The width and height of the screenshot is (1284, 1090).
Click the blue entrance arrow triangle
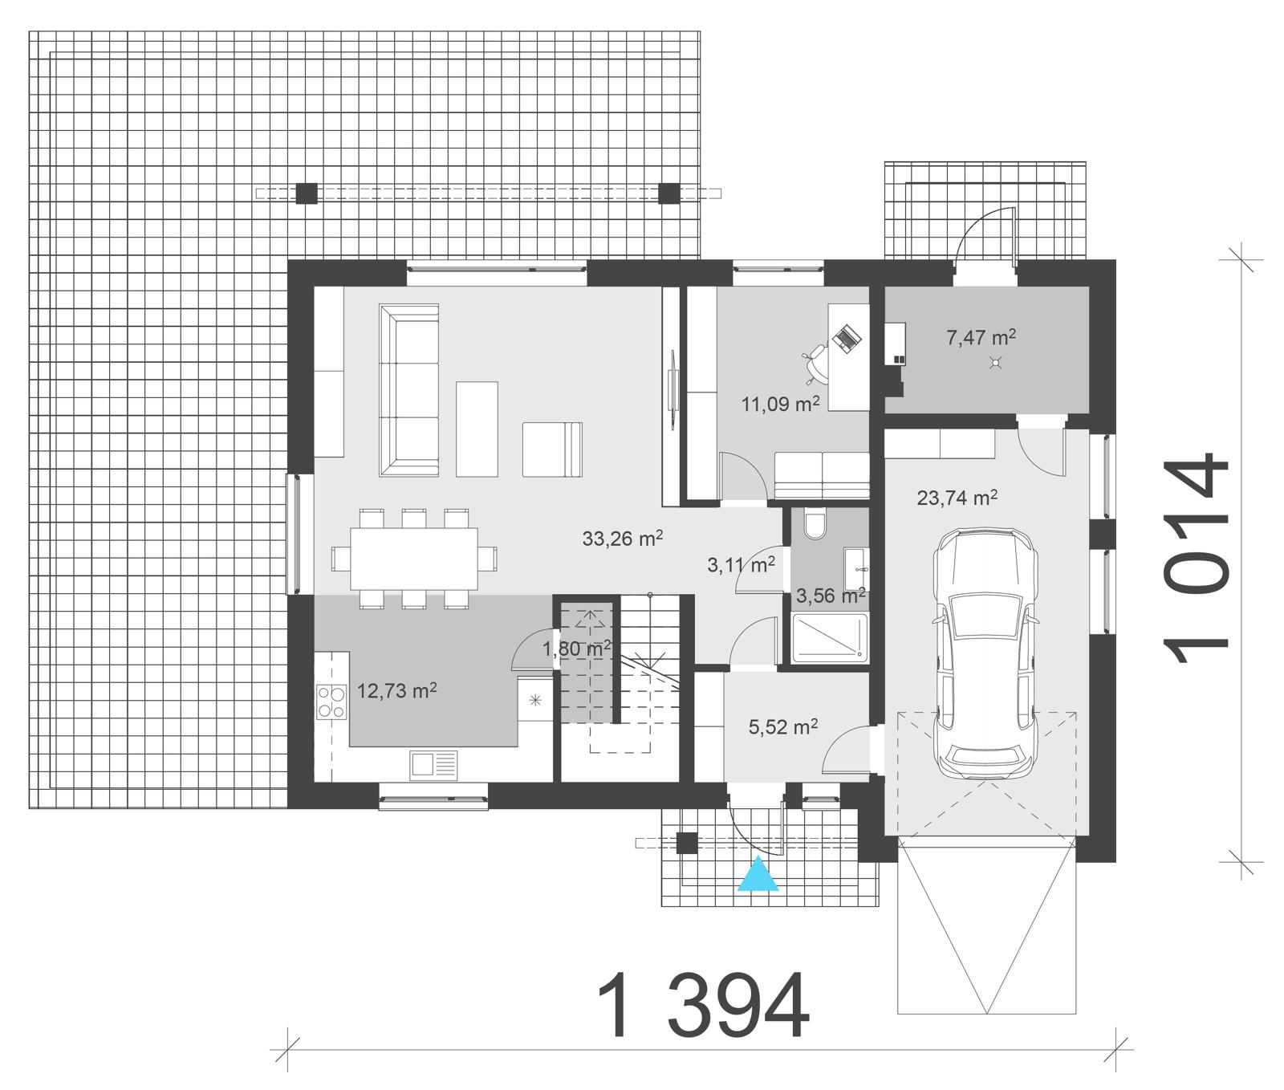tap(758, 876)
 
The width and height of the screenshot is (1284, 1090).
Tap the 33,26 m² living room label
tap(622, 539)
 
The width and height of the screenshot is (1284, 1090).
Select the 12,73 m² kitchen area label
tap(396, 690)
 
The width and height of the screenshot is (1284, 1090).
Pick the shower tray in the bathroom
tap(830, 639)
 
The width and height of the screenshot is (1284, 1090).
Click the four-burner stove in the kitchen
tap(331, 700)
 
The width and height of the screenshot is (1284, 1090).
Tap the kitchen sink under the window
tap(433, 764)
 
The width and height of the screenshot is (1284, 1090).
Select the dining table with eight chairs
tap(414, 557)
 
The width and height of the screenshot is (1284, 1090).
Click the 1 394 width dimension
tap(702, 1007)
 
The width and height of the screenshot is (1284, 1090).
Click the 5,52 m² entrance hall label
tap(782, 727)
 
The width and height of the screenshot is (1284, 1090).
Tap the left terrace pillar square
tap(306, 193)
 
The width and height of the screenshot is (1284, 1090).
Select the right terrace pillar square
tap(668, 193)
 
